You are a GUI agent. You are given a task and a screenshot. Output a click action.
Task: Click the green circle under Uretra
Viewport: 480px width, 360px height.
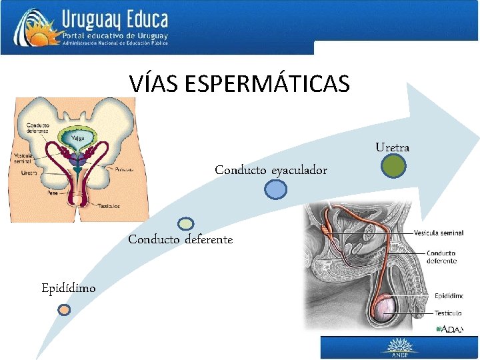click(394, 166)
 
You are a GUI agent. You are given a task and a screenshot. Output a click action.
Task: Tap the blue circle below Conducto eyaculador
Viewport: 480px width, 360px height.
click(275, 190)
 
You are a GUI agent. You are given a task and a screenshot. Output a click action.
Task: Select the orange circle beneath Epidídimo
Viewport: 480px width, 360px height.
click(63, 309)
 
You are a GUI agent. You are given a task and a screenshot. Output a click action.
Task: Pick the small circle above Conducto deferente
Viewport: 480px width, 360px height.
click(187, 224)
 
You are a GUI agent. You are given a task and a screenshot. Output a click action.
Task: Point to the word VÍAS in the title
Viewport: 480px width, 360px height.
click(155, 84)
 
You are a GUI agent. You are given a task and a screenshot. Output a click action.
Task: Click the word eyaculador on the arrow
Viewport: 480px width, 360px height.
click(299, 171)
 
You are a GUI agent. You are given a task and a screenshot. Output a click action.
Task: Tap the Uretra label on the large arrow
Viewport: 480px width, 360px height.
click(392, 147)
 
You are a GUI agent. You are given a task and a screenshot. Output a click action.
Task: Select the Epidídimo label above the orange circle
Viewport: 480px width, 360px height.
click(68, 288)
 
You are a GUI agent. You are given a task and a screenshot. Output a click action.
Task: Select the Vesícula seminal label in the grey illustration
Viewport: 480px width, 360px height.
click(438, 233)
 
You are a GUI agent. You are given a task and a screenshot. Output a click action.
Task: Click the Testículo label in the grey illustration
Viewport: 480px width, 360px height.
click(448, 313)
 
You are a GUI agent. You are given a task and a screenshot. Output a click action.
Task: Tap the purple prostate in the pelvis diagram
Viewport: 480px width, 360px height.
click(79, 161)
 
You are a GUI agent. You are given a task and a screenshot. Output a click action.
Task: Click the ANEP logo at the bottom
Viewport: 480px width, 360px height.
click(399, 347)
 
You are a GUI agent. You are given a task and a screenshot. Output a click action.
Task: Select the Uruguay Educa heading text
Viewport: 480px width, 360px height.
click(114, 19)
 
